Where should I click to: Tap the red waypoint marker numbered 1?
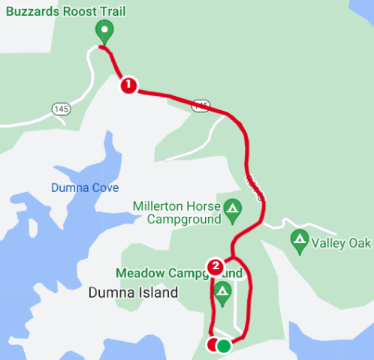click(128, 85)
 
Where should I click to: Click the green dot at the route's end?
click(224, 345)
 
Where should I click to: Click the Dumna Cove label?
click(85, 187)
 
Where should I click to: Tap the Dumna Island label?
click(132, 292)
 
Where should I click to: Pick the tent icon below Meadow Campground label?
click(222, 290)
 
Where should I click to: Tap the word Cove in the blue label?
click(105, 187)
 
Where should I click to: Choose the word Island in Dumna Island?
click(158, 292)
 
